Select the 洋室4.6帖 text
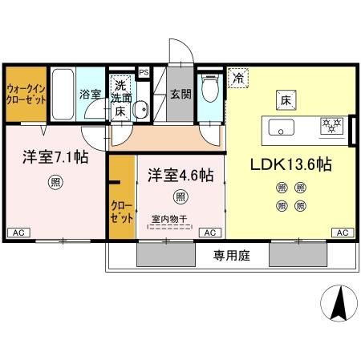click(179, 174)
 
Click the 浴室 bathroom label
click(90, 95)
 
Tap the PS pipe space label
click(144, 72)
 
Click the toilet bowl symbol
click(211, 91)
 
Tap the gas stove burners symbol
click(331, 125)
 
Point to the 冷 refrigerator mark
click(238, 79)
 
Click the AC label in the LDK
click(341, 233)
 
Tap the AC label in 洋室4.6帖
click(210, 233)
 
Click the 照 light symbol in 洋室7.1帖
click(54, 181)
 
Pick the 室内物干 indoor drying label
click(168, 217)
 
